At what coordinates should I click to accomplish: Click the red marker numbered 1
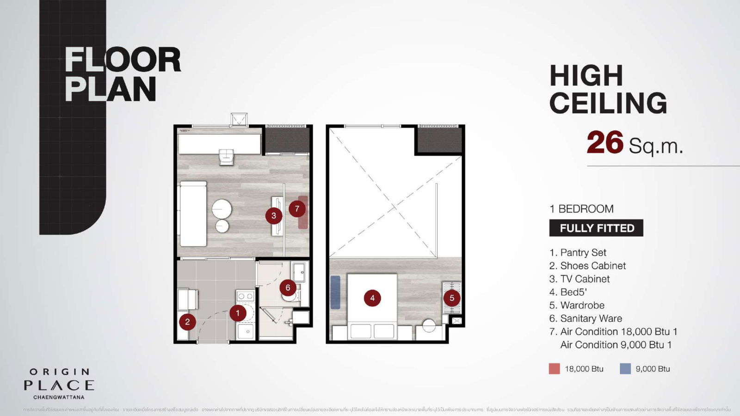point(238,313)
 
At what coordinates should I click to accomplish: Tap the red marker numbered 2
point(187,322)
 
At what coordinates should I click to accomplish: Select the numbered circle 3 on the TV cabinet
point(274,215)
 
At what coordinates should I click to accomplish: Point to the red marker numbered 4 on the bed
point(372,298)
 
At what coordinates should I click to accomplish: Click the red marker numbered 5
point(452,298)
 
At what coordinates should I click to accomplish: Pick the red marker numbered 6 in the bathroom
point(288,288)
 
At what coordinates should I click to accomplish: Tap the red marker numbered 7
point(297,209)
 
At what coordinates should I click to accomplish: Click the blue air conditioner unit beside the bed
point(335,292)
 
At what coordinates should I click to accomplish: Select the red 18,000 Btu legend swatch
point(554,369)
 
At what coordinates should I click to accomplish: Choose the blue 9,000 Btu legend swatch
point(625,369)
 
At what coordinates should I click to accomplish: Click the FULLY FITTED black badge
point(596,228)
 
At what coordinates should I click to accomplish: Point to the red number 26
point(605,143)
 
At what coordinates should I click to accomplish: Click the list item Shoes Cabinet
point(592,266)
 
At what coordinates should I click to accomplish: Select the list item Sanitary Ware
point(591,318)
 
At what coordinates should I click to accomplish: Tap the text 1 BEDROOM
point(581,209)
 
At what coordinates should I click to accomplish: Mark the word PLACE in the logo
point(59,385)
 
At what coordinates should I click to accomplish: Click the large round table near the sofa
point(222,208)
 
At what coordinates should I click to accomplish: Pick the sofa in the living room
point(193,214)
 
